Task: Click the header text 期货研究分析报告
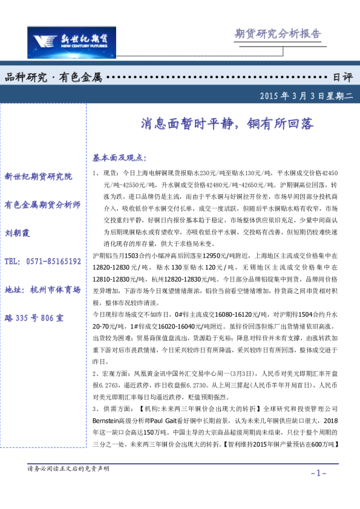coord(277,34)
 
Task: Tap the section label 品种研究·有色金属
coord(53,77)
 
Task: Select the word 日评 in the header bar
coord(342,77)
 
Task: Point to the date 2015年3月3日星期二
coord(306,96)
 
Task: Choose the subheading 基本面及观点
coord(119,158)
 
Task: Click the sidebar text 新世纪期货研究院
coord(38,177)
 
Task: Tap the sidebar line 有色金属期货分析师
coord(42,204)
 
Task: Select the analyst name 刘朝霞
coord(18,233)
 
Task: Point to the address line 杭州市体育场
coord(42,289)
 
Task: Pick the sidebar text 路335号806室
coord(34,317)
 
